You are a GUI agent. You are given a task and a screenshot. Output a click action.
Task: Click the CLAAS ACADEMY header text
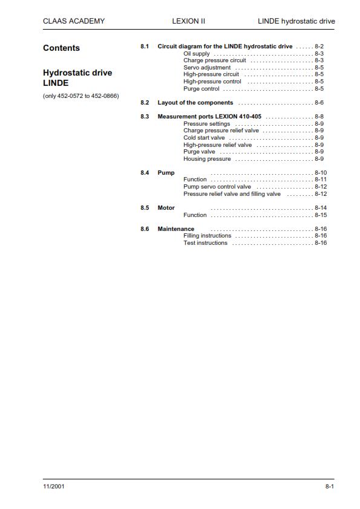click(x=74, y=21)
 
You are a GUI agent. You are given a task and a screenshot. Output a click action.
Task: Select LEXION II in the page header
click(x=189, y=21)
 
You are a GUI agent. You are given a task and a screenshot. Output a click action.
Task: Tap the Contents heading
click(x=61, y=48)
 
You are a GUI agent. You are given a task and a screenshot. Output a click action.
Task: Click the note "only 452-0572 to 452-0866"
click(x=81, y=96)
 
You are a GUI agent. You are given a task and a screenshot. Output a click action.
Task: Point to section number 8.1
click(x=145, y=47)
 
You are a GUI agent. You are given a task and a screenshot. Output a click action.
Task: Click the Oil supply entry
click(x=197, y=54)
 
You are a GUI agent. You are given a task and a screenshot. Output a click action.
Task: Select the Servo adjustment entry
click(x=207, y=68)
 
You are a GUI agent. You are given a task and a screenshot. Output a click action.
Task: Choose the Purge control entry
click(x=201, y=89)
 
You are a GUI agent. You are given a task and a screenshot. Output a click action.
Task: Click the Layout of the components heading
click(x=195, y=103)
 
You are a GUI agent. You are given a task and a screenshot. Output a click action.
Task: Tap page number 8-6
click(x=319, y=103)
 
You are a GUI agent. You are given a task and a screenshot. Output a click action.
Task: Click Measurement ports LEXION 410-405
click(x=209, y=117)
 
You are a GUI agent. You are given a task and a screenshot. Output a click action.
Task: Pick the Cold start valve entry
click(x=204, y=138)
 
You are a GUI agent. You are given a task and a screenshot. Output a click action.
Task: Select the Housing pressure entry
click(x=207, y=159)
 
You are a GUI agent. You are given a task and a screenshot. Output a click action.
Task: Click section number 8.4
click(x=145, y=173)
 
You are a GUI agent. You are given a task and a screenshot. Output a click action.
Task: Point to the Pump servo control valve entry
click(x=217, y=187)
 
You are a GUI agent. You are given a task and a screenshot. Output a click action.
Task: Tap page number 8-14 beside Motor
click(x=321, y=208)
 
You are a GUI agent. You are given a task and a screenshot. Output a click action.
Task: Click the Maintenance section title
click(x=176, y=229)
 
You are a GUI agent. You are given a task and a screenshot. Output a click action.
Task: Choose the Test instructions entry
click(x=205, y=243)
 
